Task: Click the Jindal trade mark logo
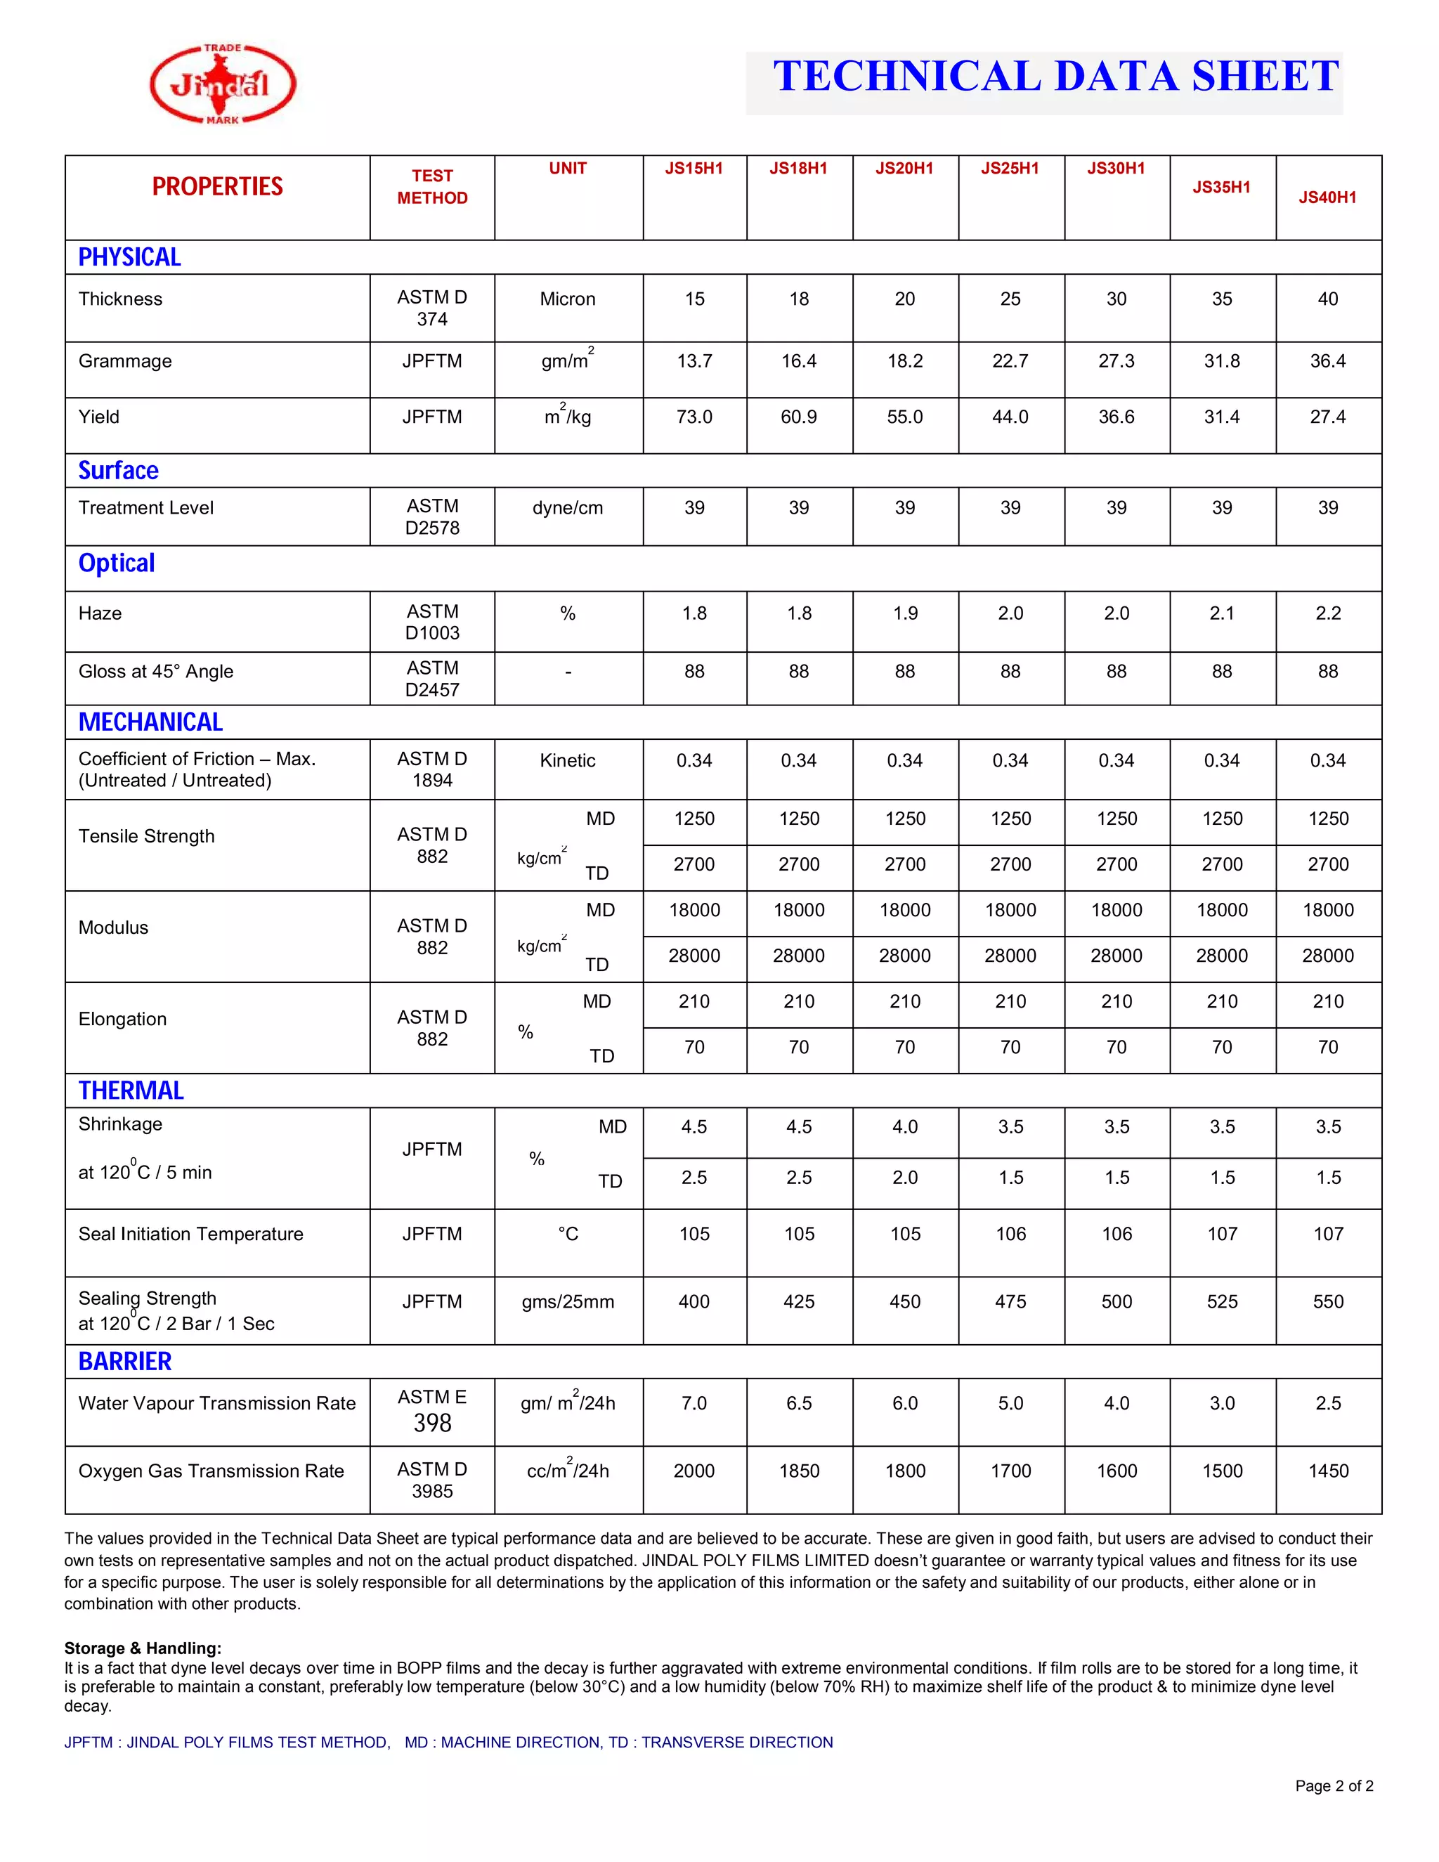coord(223,84)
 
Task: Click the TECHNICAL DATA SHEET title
coord(1055,77)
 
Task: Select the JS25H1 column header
coord(1010,169)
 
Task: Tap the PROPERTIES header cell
coord(217,187)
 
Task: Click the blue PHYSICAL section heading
coord(129,257)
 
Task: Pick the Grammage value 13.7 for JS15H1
coord(694,361)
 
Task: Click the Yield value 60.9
coord(799,417)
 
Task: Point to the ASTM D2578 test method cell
coord(432,516)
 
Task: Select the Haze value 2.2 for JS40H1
coord(1327,613)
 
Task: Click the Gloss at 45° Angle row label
coord(156,672)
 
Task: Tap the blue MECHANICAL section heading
coord(151,722)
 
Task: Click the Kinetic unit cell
coord(568,760)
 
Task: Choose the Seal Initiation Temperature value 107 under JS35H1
coord(1222,1234)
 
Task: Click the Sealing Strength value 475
coord(1010,1302)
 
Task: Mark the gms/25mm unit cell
coord(568,1302)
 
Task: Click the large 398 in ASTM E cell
coord(432,1423)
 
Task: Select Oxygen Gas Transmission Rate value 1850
coord(799,1471)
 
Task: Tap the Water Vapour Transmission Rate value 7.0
coord(694,1403)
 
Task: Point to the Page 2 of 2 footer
coord(1334,1786)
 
